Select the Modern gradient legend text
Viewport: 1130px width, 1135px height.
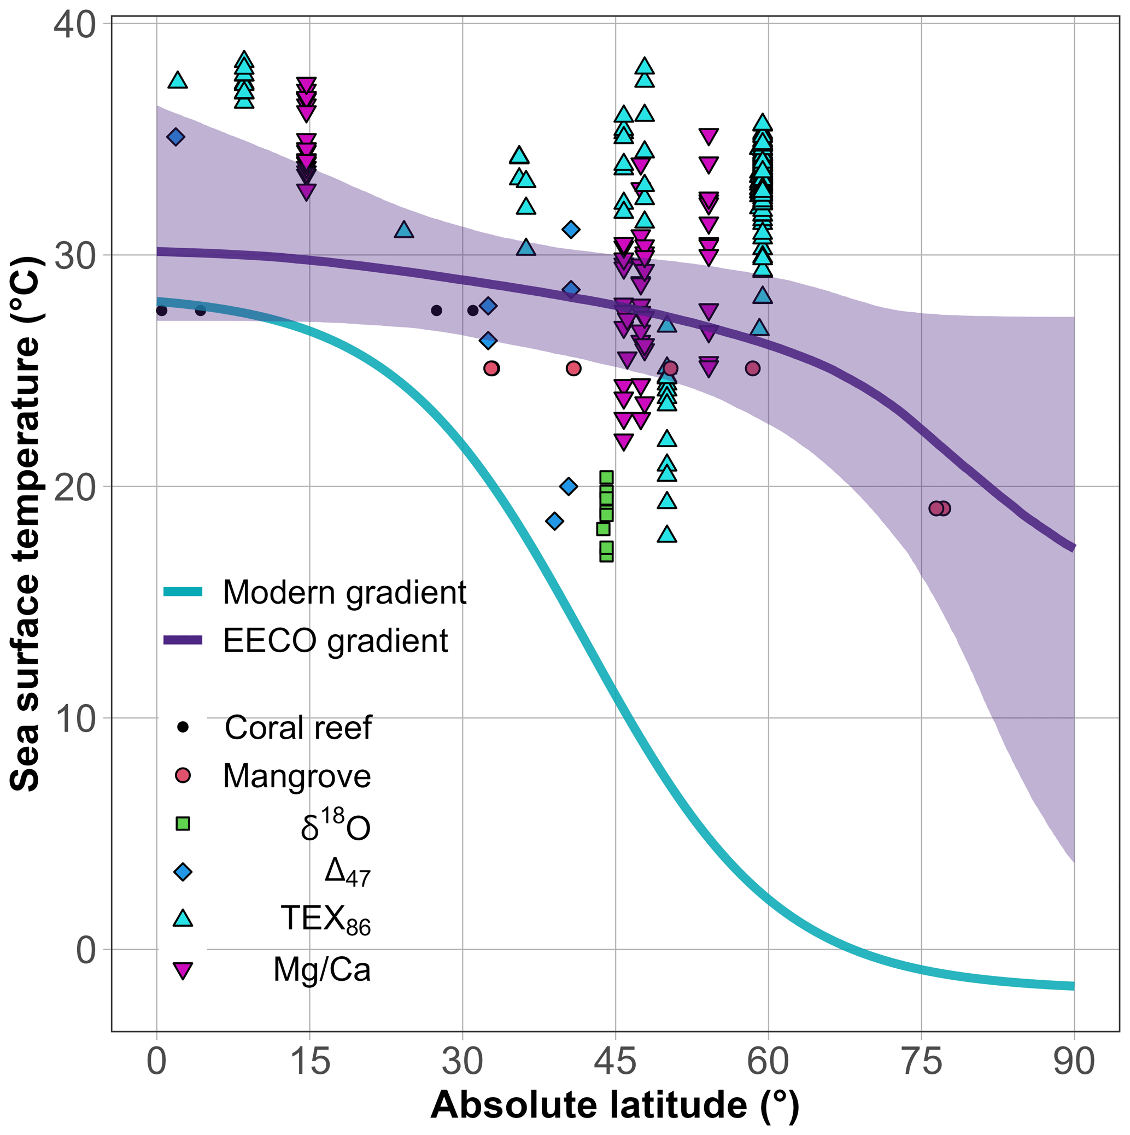(345, 592)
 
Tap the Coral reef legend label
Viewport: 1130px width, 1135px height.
(298, 728)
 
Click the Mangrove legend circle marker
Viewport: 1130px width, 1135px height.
(183, 775)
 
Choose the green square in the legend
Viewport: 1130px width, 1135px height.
(183, 823)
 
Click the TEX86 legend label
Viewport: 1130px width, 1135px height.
(326, 919)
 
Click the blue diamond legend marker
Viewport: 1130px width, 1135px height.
(183, 872)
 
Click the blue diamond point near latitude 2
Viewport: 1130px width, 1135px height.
(175, 137)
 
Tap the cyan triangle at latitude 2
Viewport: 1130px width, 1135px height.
(178, 80)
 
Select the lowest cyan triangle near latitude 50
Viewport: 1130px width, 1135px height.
(666, 535)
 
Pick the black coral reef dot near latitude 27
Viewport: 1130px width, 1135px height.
(436, 310)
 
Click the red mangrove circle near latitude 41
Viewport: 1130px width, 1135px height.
(574, 368)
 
